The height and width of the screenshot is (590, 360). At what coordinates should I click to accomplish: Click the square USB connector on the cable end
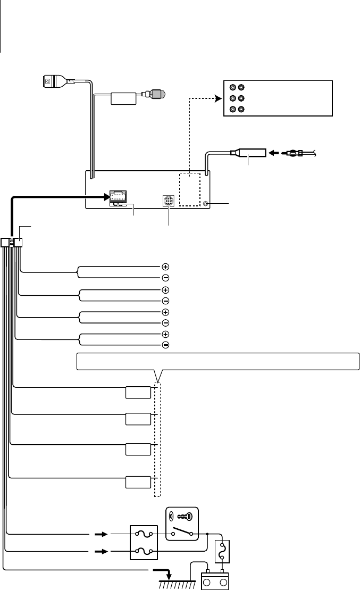(x=49, y=81)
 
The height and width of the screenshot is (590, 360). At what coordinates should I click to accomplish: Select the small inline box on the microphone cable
(x=123, y=98)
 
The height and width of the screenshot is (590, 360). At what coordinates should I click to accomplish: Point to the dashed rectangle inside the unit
(x=190, y=189)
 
